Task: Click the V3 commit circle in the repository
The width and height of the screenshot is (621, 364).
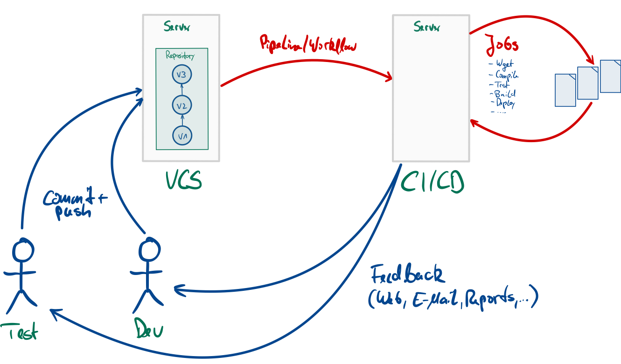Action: coord(181,75)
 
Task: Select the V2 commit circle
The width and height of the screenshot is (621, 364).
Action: coord(181,106)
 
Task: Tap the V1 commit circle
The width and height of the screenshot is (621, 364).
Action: coord(182,136)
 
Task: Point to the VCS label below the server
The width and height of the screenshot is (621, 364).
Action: coord(184,180)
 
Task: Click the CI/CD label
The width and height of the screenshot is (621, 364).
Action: coord(432,182)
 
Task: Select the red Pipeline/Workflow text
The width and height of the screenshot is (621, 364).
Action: coord(307,44)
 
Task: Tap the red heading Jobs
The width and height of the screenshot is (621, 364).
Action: coord(502,46)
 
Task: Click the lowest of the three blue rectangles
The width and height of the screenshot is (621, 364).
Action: coord(565,90)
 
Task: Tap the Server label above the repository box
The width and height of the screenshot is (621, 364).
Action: coord(177,27)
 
